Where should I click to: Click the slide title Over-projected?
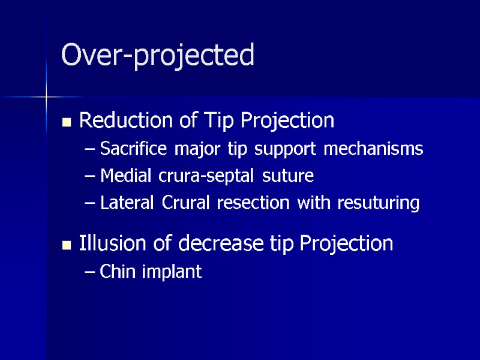point(158,56)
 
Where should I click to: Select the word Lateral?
point(124,203)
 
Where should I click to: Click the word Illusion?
point(111,243)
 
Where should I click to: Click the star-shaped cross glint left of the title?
point(46,96)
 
